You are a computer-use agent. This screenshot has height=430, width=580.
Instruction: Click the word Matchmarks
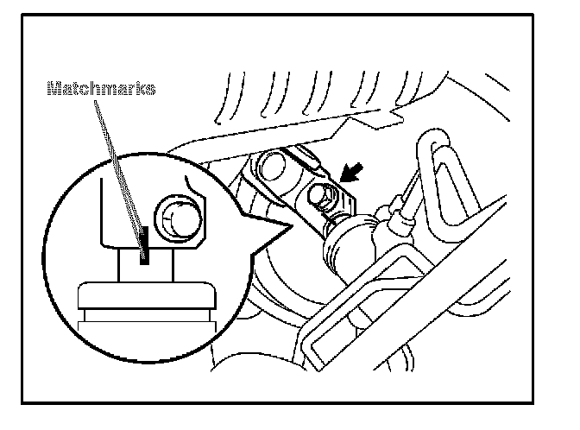pyautogui.click(x=101, y=88)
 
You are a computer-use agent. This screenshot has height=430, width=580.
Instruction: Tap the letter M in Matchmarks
pyautogui.click(x=54, y=88)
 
